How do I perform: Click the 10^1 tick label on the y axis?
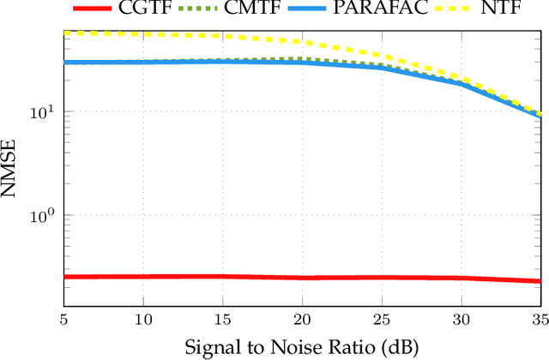43,111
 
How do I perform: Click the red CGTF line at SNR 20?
303,278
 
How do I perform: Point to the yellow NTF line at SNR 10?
143,34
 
